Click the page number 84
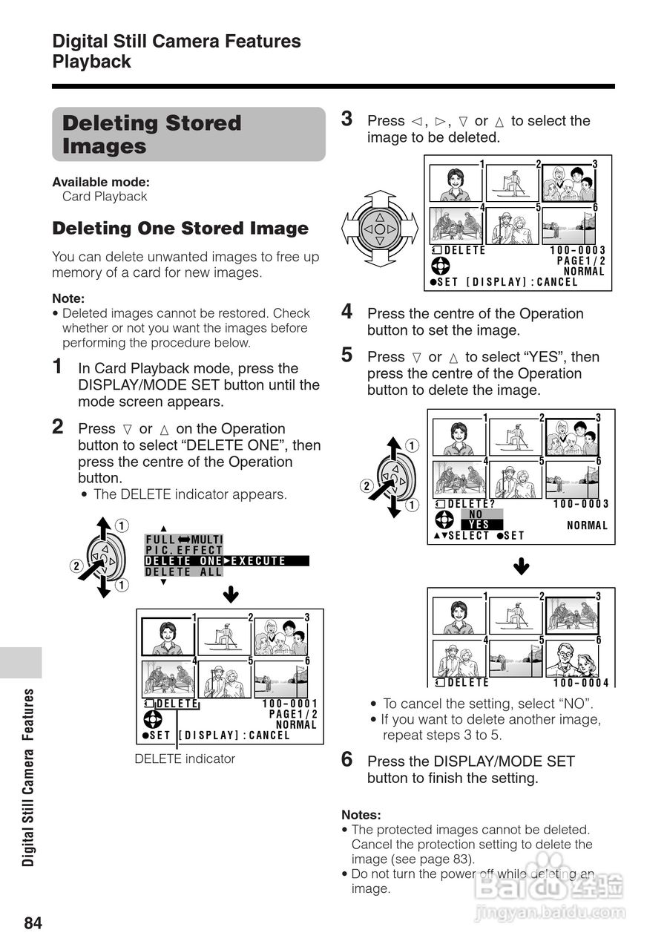[33, 923]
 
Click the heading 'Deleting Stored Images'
[152, 134]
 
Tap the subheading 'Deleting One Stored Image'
[180, 229]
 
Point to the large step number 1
[58, 367]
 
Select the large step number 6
[346, 759]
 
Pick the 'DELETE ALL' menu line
[183, 572]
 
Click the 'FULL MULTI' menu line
[184, 540]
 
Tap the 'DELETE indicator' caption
[185, 759]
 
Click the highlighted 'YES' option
[480, 525]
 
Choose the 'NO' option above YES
[477, 514]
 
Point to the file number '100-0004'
[581, 683]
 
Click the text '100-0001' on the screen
[290, 704]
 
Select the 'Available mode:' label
[101, 182]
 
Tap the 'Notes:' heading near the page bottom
[361, 814]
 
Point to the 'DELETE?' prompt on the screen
[471, 504]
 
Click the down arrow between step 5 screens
[522, 568]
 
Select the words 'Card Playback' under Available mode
[105, 197]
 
